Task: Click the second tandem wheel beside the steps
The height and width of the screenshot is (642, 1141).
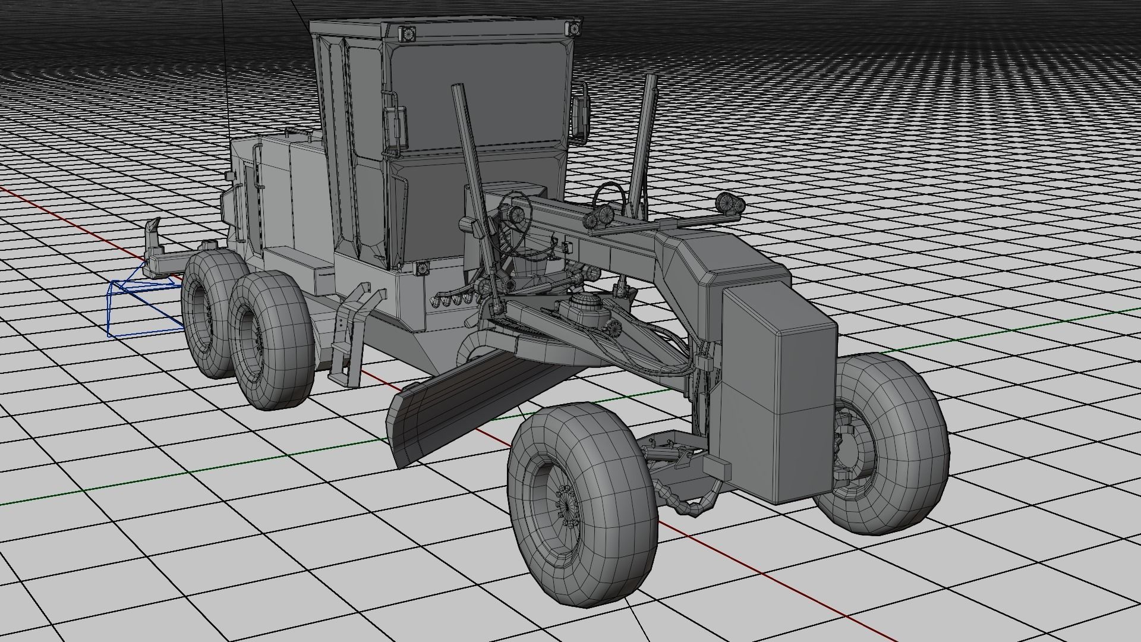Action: coord(270,342)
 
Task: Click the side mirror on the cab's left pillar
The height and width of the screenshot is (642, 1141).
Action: coord(397,128)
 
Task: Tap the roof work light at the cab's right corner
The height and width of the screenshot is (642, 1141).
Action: coord(574,29)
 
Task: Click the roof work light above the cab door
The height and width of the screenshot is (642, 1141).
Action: coord(408,34)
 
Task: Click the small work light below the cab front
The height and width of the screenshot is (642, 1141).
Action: coord(422,268)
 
